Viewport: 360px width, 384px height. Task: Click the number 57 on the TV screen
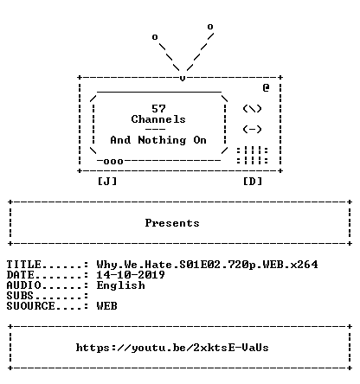158,109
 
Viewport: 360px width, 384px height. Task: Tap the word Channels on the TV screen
158,119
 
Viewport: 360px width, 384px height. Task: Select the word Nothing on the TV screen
162,140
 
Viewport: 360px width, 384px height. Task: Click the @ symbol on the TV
266,87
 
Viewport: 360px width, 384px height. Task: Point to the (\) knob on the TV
252,109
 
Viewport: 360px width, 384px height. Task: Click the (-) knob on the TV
252,130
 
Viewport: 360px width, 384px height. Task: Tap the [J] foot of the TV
107,182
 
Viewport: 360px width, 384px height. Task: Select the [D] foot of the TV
253,182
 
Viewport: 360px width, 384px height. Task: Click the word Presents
172,223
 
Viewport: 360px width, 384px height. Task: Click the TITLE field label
24,265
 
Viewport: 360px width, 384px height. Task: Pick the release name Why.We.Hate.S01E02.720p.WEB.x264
207,265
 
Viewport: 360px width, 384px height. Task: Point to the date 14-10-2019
131,275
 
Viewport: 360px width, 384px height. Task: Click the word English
120,285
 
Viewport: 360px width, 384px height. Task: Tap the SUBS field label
20,296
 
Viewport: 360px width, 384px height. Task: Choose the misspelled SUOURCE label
30,306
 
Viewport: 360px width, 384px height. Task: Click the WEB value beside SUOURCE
106,306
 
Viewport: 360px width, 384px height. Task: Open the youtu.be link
172,348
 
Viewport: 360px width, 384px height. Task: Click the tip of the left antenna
155,37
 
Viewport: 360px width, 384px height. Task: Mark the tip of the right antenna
210,27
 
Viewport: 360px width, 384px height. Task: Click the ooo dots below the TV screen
113,161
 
